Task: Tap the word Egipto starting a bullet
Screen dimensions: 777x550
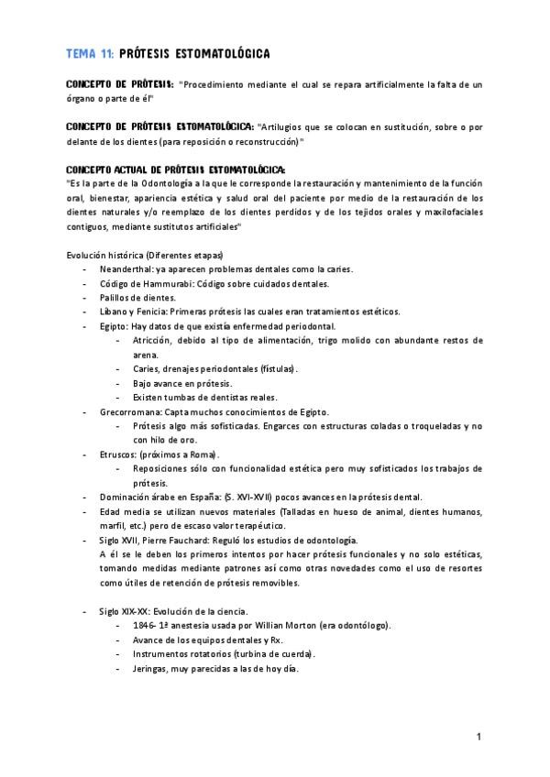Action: (x=114, y=326)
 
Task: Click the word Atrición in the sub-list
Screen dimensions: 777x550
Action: (x=152, y=340)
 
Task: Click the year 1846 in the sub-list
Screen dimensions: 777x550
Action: (x=142, y=626)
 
